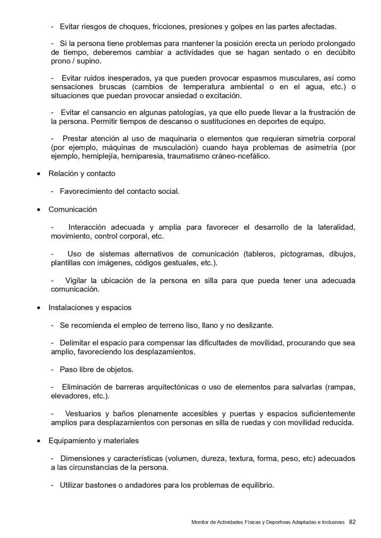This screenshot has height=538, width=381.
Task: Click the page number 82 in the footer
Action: [352, 521]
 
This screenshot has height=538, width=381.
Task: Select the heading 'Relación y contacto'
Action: [82, 174]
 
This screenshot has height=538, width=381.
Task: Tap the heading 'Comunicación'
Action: [72, 209]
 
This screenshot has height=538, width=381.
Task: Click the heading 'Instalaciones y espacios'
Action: [90, 307]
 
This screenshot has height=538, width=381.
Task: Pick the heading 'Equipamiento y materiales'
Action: [93, 440]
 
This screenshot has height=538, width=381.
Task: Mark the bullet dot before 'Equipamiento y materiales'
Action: [39, 441]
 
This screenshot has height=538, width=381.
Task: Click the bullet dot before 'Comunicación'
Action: [39, 210]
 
